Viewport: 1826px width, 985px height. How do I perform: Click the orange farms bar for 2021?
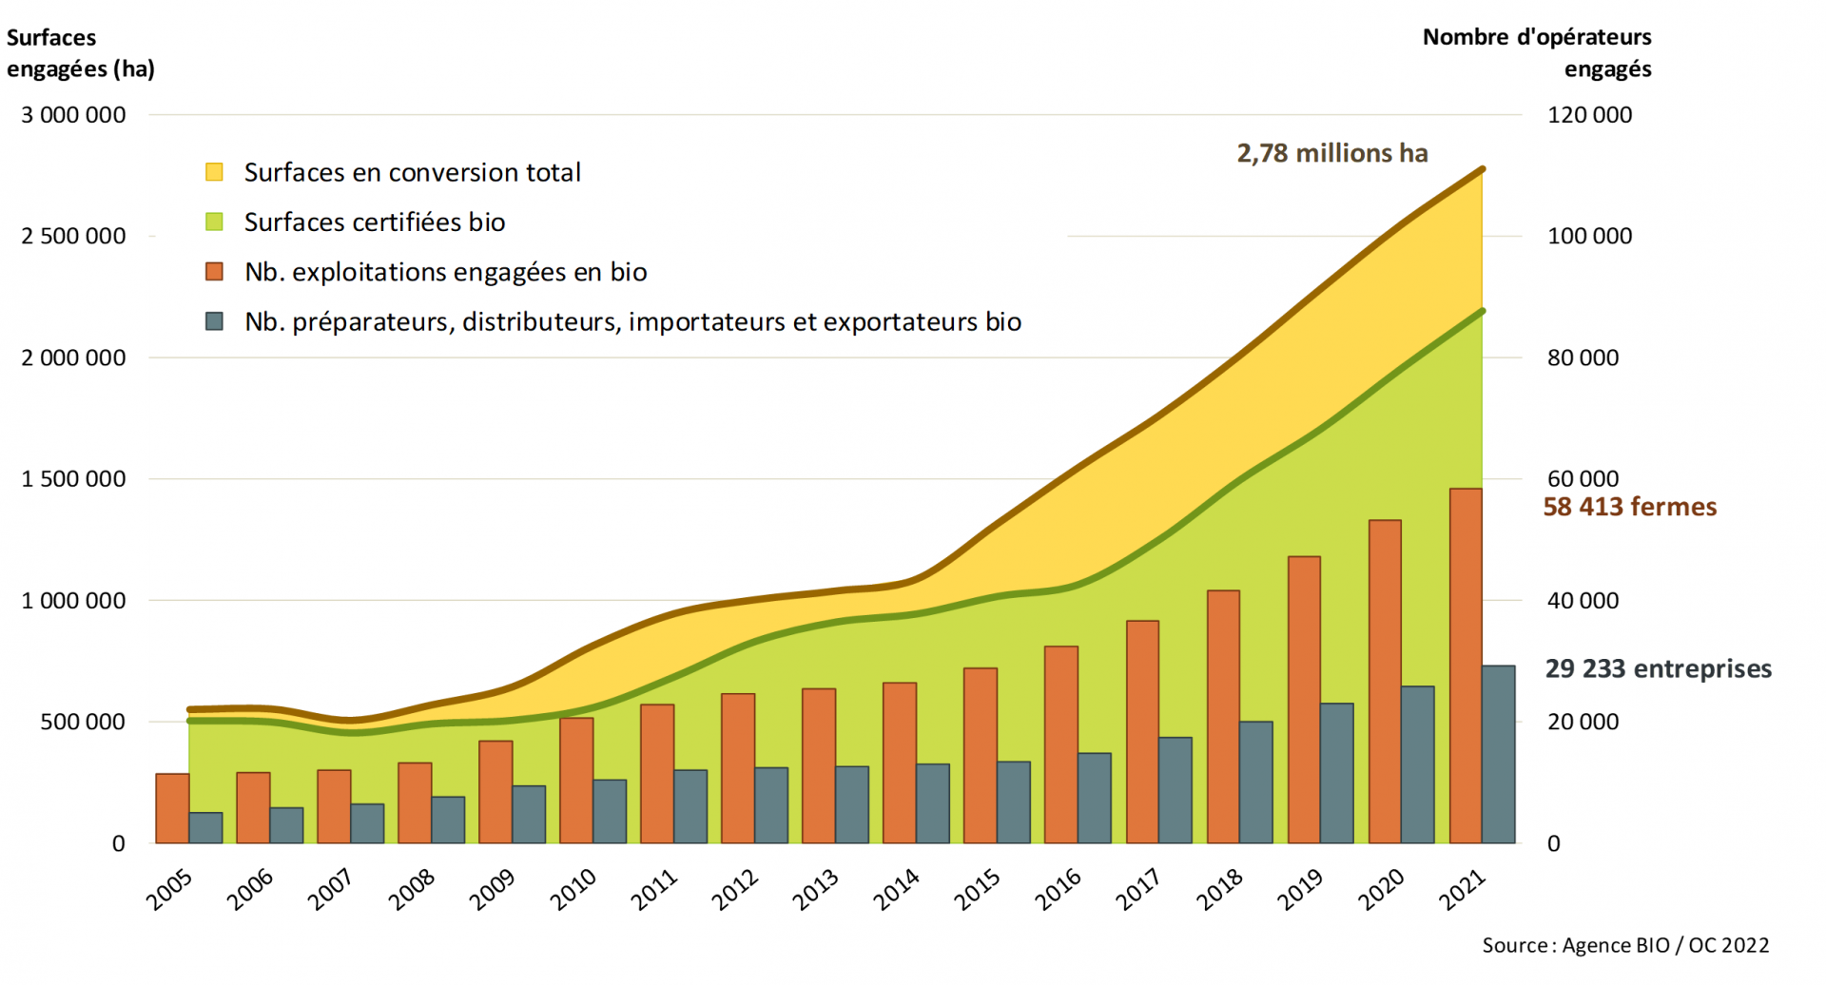[x=1465, y=666]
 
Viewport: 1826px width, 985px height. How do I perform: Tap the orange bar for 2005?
[x=172, y=808]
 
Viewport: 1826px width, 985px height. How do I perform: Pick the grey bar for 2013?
[x=852, y=804]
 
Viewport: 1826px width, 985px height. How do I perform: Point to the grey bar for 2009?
[x=529, y=814]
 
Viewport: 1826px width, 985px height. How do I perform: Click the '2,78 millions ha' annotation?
[x=1331, y=153]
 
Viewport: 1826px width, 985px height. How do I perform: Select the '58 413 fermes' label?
[x=1629, y=507]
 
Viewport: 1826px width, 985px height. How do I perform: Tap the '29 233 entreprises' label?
[x=1658, y=668]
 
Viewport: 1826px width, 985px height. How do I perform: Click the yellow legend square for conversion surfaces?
[x=215, y=172]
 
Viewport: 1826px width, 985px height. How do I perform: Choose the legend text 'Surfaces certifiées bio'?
[x=374, y=222]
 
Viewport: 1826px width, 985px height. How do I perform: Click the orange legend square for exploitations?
[x=215, y=272]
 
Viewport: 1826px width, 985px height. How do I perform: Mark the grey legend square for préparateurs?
[x=215, y=321]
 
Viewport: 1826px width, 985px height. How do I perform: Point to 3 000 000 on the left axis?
[x=73, y=115]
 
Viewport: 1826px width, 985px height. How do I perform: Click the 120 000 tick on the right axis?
[x=1589, y=115]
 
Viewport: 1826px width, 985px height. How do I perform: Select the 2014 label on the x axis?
[x=896, y=890]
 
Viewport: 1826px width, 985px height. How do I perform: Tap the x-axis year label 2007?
[x=330, y=890]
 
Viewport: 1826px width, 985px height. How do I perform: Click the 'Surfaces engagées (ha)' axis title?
[x=80, y=53]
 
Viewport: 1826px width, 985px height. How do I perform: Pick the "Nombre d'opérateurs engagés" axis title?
[x=1537, y=53]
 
